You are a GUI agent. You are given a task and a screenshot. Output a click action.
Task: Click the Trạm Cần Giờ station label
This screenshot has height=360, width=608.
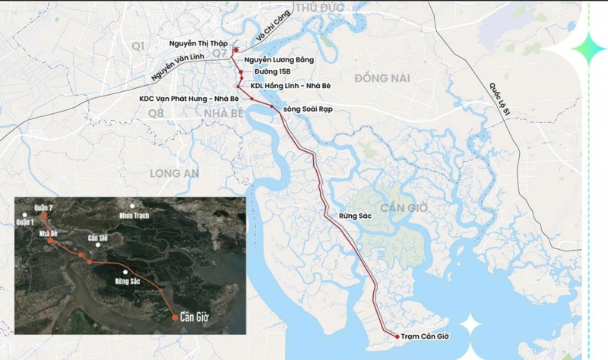424,336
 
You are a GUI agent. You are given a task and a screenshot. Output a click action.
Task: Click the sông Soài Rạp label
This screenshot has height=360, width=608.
308,109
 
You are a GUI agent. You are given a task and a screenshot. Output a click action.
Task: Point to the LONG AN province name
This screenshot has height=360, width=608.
174,173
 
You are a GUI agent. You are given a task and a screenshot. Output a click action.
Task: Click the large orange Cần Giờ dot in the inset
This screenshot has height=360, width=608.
176,318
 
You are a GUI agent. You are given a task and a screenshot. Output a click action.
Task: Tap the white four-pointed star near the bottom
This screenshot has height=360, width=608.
470,327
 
